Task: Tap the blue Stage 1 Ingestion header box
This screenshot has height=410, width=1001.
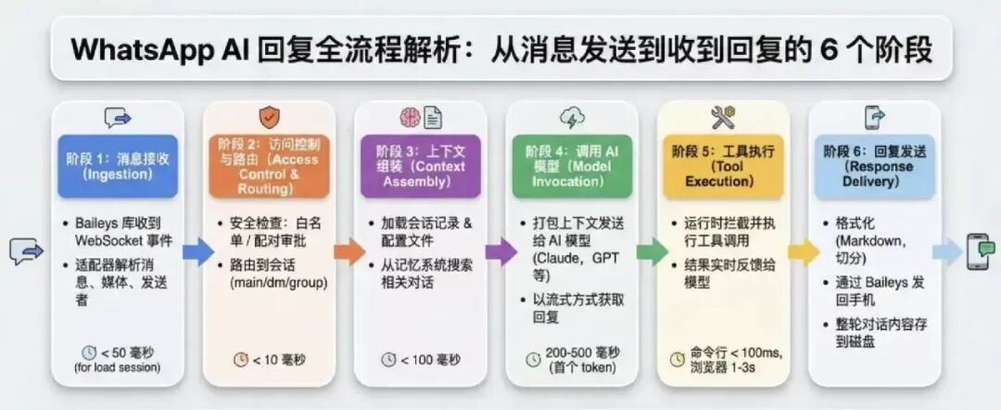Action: point(118,166)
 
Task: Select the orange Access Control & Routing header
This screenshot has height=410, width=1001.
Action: point(269,166)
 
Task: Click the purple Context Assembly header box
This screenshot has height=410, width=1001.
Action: point(421,166)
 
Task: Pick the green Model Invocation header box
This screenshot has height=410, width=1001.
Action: point(572,166)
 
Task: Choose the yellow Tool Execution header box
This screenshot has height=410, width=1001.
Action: point(723,166)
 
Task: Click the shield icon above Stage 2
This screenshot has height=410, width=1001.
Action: point(269,117)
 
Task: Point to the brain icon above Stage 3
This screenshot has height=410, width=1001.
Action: point(410,118)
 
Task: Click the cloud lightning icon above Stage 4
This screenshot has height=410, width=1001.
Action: point(572,118)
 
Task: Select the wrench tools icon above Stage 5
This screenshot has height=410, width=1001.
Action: point(723,117)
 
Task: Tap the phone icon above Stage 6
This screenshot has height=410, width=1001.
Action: point(875,117)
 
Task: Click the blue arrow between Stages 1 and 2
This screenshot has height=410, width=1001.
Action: point(195,250)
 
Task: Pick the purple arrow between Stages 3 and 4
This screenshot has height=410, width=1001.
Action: point(498,250)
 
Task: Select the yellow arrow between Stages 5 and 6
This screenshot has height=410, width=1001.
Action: point(801,250)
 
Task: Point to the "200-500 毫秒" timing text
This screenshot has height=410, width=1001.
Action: point(581,352)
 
